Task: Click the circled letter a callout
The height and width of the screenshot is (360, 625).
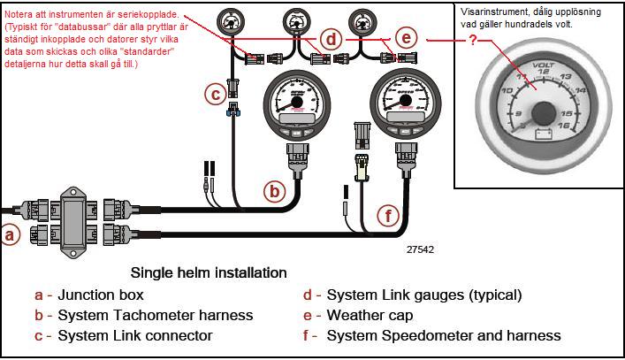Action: [x=11, y=235]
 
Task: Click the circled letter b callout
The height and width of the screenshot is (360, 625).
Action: [x=276, y=189]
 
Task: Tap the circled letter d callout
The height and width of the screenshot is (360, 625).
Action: [x=332, y=39]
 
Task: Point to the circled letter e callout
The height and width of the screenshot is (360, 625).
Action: [x=406, y=38]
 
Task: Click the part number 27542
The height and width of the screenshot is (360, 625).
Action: [x=421, y=249]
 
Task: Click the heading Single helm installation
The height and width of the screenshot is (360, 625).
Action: [x=209, y=272]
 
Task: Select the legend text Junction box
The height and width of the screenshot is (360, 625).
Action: [x=100, y=295]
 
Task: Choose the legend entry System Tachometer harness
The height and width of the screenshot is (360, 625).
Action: [x=155, y=315]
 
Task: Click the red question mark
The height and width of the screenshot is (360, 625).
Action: [x=473, y=42]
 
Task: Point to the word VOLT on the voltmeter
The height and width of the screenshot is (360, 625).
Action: [x=541, y=65]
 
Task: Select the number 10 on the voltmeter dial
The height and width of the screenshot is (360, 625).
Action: [x=509, y=91]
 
